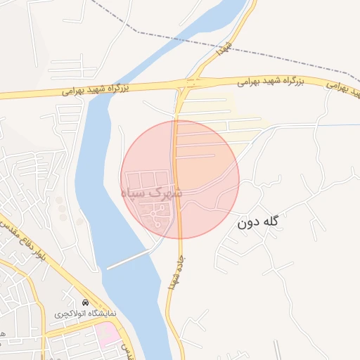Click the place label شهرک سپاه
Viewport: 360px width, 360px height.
(151, 191)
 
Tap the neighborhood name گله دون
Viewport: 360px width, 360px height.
(258, 223)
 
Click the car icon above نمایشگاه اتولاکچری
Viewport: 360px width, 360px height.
(86, 302)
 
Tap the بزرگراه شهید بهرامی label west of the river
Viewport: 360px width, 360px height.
(96, 89)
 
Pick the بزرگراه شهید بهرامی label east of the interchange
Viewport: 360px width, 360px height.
(269, 82)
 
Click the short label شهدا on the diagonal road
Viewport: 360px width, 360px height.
(224, 48)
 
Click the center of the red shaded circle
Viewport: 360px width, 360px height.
(180, 179)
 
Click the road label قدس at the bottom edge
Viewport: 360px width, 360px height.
(127, 349)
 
